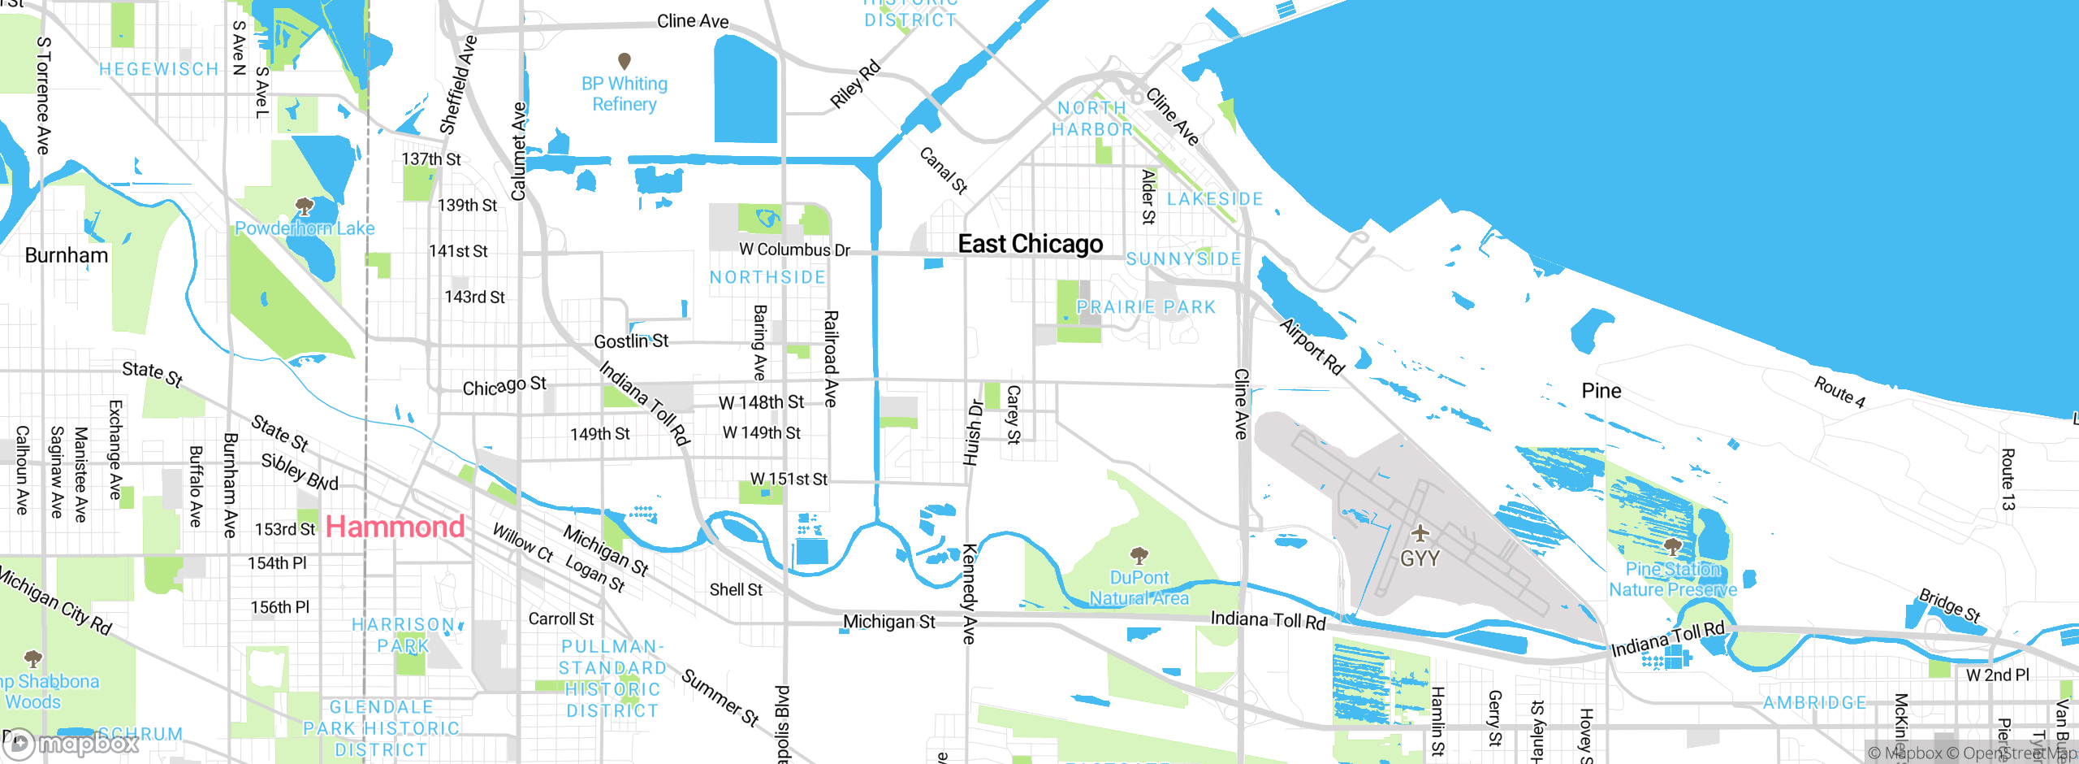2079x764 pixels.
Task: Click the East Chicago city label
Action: [1030, 244]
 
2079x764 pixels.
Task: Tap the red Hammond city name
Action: [395, 527]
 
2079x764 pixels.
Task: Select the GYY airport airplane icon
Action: [1420, 534]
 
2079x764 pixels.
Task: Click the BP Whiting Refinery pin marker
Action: [625, 61]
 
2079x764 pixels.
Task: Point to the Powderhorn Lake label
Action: [305, 228]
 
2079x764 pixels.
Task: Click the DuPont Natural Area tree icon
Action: [1139, 556]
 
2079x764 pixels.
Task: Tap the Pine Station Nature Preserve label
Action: [1673, 580]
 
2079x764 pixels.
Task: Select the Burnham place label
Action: [67, 255]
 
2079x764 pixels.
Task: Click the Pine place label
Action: [1601, 391]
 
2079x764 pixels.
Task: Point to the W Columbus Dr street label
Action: [794, 250]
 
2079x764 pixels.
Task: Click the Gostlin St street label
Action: [631, 341]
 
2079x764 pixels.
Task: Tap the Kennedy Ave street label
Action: [970, 593]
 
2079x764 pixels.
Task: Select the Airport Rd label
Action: [1312, 346]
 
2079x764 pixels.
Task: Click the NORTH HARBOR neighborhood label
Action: [1092, 119]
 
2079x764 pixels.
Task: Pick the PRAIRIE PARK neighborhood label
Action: [1146, 307]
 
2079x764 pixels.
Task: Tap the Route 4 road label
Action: [1839, 391]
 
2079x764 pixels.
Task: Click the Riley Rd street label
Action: [854, 84]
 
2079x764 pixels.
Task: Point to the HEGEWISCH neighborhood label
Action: [159, 69]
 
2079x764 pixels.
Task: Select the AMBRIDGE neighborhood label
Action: [1814, 702]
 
